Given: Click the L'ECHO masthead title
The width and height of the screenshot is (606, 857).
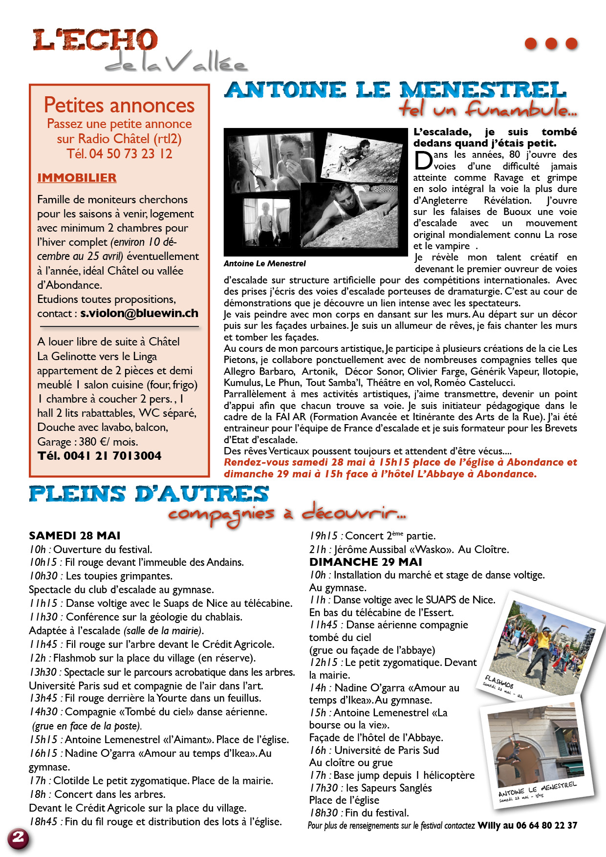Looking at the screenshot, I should pos(95,40).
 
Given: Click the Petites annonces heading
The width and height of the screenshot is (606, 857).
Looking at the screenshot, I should pos(119,105).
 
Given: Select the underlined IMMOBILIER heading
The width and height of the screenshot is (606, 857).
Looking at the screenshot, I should pos(77,178).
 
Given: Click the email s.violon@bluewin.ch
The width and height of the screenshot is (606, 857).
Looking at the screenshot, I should pos(139,314).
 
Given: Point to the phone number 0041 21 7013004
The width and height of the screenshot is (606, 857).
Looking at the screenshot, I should pos(112,456).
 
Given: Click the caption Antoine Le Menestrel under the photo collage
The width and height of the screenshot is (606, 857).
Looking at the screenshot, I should pos(264,264).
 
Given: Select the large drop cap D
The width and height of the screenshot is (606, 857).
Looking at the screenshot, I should pos(423,161).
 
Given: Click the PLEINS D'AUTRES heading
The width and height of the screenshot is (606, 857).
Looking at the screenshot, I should pos(149,494).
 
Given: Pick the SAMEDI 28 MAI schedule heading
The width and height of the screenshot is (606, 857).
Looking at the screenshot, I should pos(74,536).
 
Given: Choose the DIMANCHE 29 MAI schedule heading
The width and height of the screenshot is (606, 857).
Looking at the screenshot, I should pos(366,562).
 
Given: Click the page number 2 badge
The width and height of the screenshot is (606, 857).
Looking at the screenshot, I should pos(18,837).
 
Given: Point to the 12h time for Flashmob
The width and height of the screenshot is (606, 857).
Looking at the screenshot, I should pos(38,658).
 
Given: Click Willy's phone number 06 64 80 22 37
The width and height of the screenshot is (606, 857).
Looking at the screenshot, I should pos(546,826).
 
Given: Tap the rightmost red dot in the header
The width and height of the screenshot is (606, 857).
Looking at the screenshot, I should pos(571,43).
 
